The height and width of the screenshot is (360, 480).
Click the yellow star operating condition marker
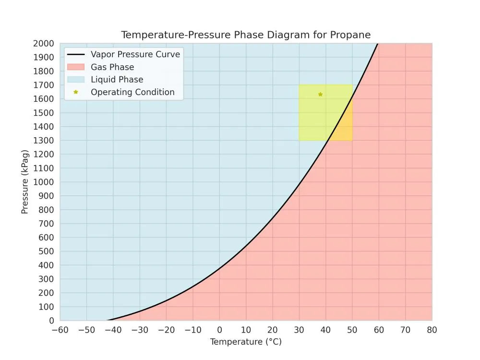click(320, 94)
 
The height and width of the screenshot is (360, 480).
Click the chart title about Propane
click(246, 35)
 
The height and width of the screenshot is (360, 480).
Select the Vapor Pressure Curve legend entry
click(135, 54)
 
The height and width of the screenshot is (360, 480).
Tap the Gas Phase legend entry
click(112, 67)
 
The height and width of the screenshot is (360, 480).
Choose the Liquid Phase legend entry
click(117, 80)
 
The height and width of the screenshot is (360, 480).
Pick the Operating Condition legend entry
click(132, 92)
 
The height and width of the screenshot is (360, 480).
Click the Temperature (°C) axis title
click(246, 342)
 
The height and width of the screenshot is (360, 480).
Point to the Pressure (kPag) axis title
click(25, 182)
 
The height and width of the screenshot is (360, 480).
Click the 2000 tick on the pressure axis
click(44, 44)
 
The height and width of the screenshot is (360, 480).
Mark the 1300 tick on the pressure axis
click(44, 141)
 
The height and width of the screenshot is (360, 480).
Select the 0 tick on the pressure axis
click(51, 321)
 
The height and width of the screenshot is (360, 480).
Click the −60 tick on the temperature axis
click(60, 330)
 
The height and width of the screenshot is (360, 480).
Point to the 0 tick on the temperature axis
click(219, 330)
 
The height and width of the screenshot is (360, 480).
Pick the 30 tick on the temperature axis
click(299, 330)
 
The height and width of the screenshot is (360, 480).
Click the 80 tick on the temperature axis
click(432, 330)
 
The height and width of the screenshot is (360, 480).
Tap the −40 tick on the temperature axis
click(113, 330)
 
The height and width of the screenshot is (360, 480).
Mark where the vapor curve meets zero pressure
click(107, 320)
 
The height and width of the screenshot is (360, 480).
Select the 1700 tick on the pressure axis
click(44, 85)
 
